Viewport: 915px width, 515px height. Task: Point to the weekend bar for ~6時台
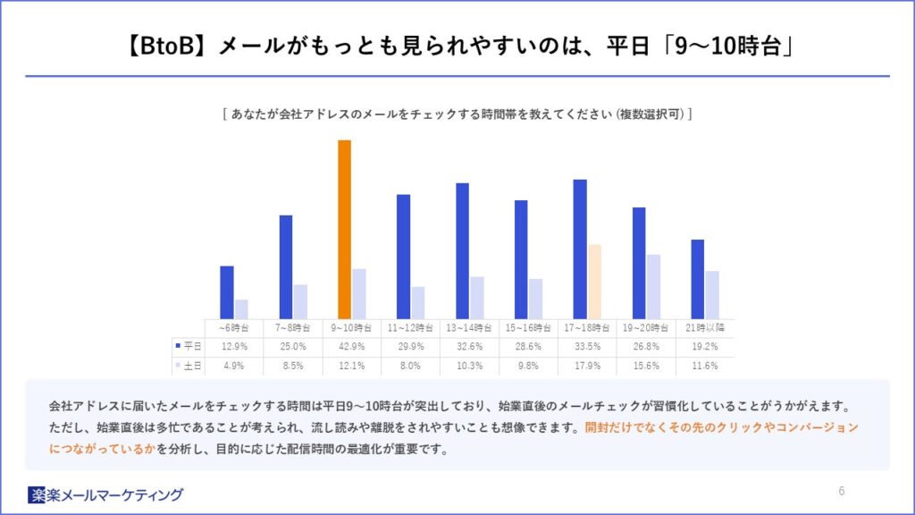[x=241, y=309]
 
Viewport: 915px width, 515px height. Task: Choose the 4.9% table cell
[x=234, y=366]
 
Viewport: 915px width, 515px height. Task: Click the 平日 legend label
[x=189, y=347]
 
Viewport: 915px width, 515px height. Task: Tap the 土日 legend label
[x=189, y=366]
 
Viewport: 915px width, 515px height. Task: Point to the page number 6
[x=842, y=491]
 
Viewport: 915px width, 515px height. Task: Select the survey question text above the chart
[x=457, y=114]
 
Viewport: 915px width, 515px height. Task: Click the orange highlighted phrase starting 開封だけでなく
[x=720, y=427]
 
